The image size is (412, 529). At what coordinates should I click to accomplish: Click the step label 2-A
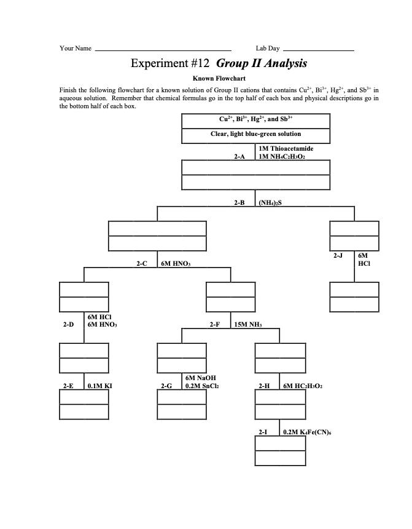239,157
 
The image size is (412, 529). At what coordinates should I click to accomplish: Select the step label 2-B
239,202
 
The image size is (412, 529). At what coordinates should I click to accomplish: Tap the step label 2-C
142,263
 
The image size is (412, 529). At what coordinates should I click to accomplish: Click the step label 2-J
338,255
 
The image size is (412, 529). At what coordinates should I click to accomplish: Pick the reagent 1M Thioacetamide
286,149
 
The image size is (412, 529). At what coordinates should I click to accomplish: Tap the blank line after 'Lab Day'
319,49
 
